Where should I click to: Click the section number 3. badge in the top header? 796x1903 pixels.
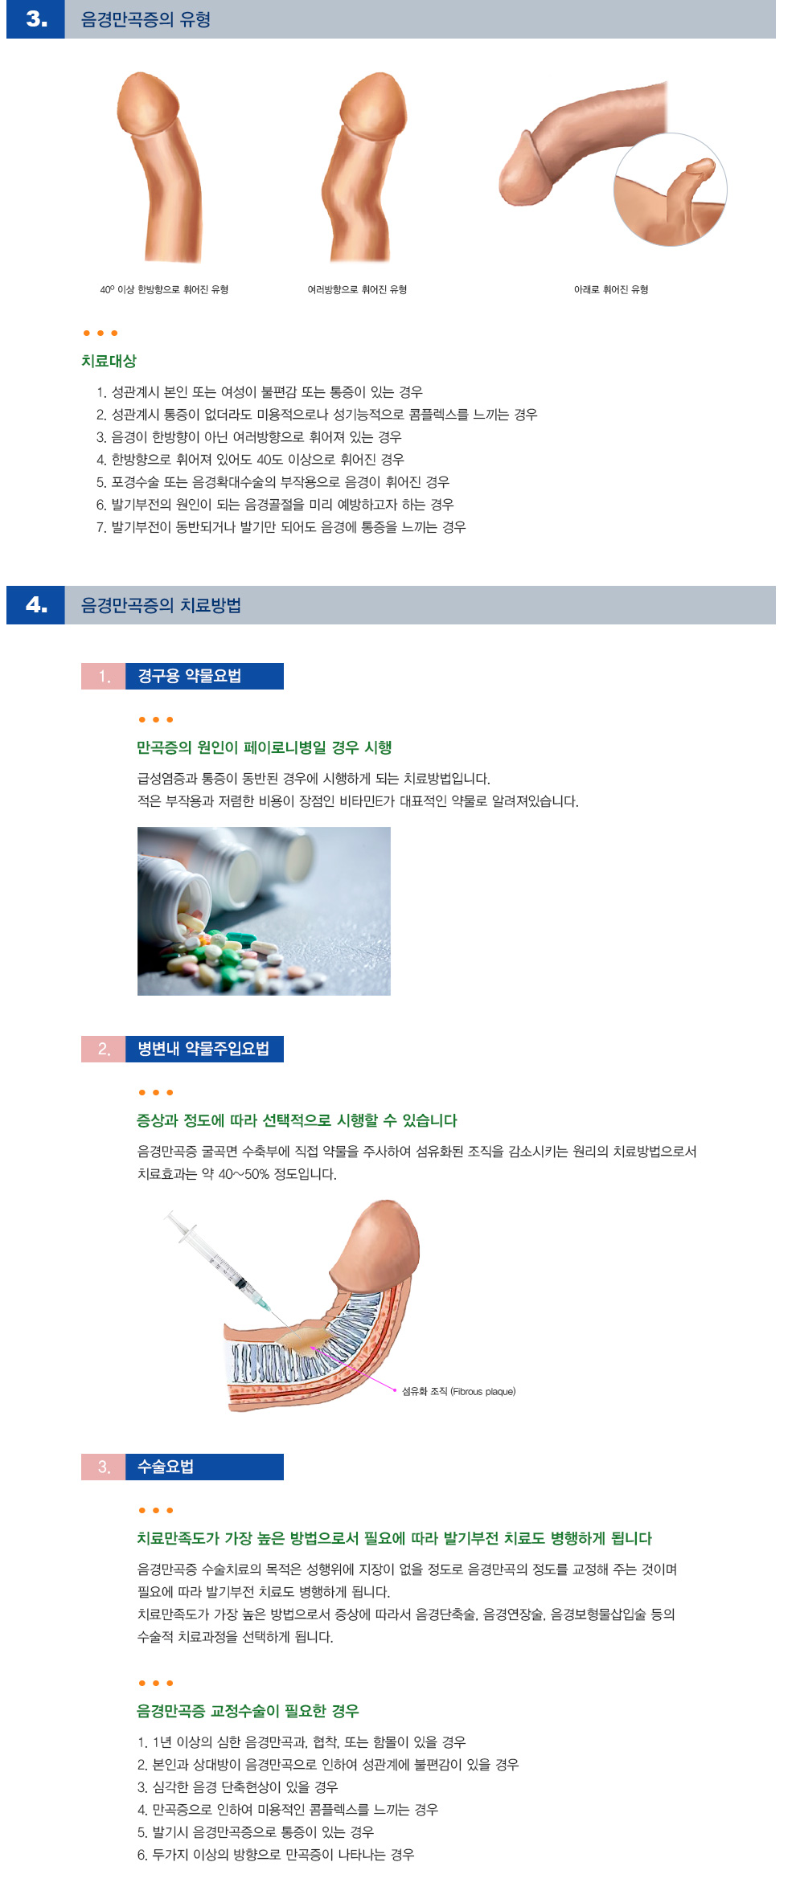click(35, 19)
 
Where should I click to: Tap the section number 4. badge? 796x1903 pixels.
click(35, 605)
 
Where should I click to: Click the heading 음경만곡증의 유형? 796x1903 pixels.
click(146, 19)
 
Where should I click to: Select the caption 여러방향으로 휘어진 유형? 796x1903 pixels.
click(357, 289)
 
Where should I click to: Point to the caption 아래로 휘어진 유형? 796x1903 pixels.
click(610, 289)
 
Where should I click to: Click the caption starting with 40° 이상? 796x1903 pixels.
click(164, 289)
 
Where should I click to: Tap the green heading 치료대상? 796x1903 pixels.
click(109, 361)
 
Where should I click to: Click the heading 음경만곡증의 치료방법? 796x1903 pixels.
click(161, 605)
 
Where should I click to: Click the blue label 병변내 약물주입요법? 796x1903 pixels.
click(204, 1049)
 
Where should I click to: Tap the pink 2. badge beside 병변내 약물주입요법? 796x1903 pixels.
click(104, 1049)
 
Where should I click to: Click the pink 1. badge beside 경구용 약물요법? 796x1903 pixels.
click(104, 676)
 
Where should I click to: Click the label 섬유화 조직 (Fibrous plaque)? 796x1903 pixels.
click(458, 1391)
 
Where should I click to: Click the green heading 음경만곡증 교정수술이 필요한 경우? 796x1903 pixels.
click(248, 1711)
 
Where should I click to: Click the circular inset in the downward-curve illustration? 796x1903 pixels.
click(670, 190)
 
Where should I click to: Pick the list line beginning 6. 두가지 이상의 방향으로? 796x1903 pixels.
click(275, 1854)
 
